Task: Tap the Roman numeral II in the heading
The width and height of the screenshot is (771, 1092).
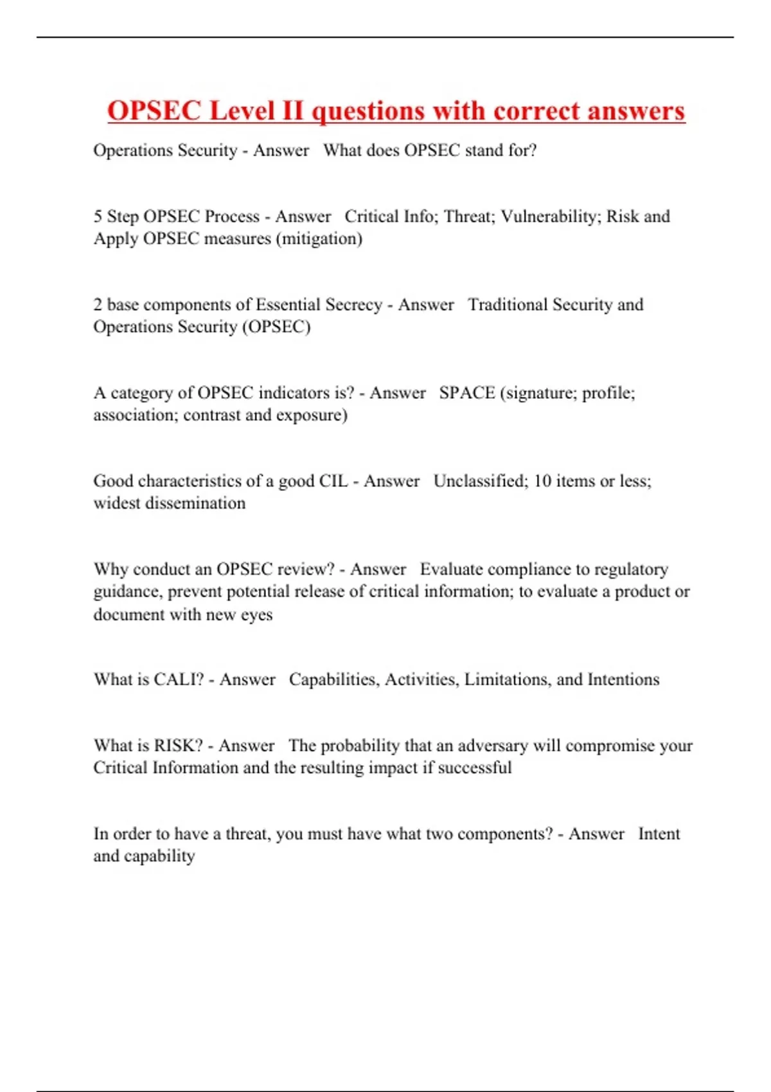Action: pos(292,110)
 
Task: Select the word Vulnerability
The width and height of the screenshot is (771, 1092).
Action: pos(550,216)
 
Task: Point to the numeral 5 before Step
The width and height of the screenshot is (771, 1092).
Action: pos(98,216)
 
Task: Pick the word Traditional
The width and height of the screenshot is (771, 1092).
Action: pos(508,304)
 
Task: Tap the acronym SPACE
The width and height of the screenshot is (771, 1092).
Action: pos(467,392)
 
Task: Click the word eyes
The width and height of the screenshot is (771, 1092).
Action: pos(256,615)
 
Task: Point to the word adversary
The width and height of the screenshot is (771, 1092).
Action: pos(492,746)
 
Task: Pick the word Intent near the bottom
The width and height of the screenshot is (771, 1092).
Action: pos(659,834)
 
